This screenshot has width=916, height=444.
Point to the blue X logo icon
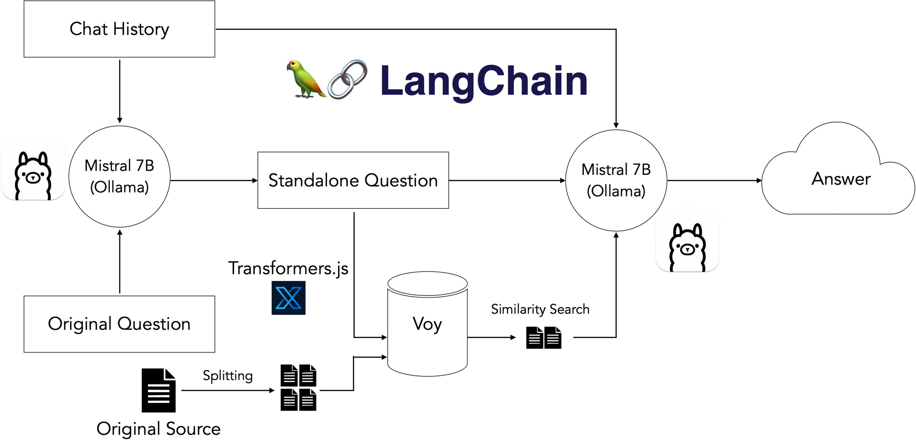pos(289,298)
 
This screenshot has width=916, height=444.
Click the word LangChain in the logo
pos(484,81)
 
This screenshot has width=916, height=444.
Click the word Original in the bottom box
pos(80,324)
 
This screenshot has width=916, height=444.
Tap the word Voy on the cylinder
pos(427,324)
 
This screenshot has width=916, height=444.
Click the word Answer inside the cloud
pos(841,179)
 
